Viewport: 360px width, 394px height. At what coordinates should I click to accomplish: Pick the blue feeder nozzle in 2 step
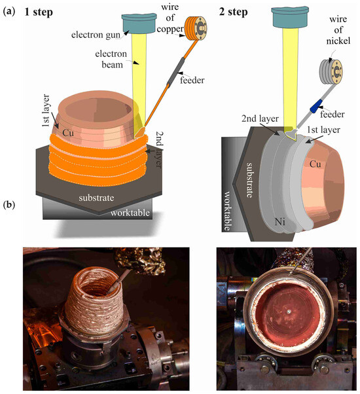point(318,103)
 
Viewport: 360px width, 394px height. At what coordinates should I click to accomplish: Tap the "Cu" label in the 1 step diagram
point(68,132)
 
